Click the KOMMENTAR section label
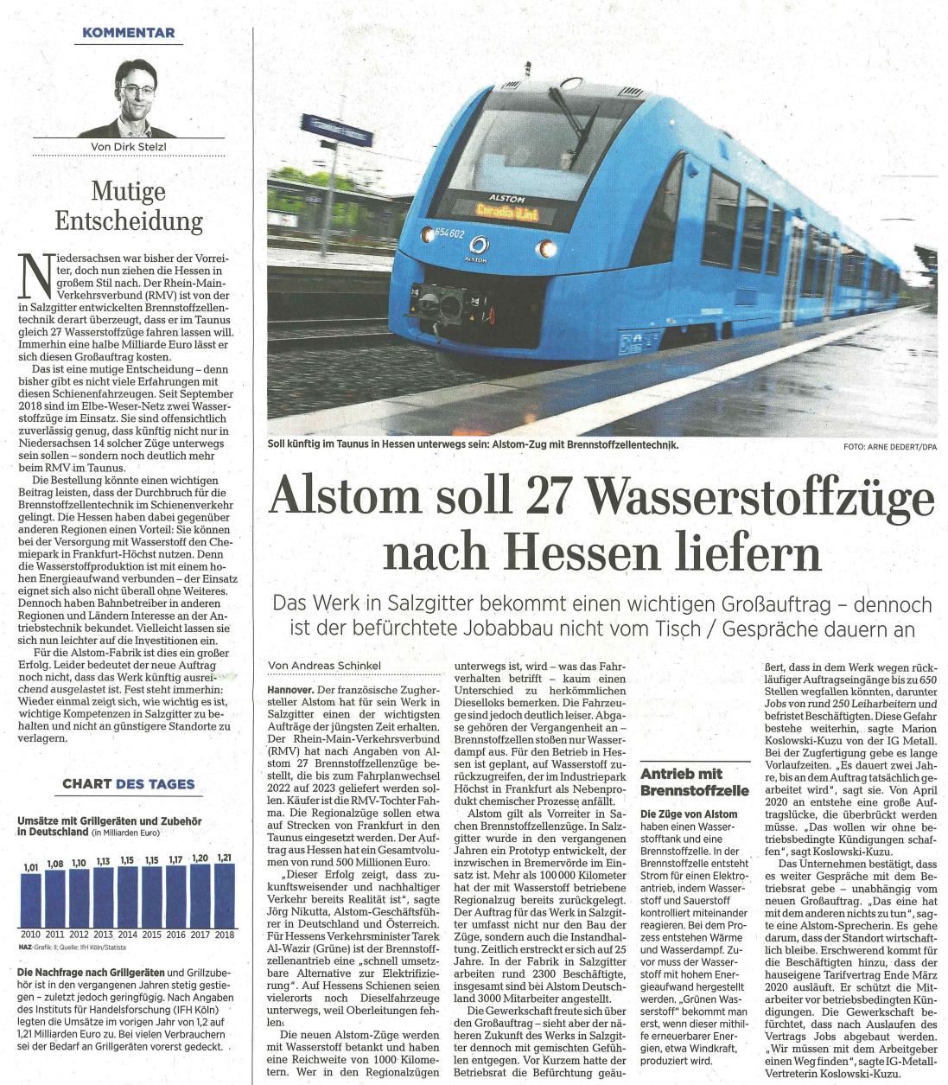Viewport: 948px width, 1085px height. pyautogui.click(x=128, y=33)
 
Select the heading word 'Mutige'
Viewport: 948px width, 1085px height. pyautogui.click(x=129, y=190)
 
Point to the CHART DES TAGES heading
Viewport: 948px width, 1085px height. pyautogui.click(x=129, y=784)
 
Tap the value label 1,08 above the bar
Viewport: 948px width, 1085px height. pyautogui.click(x=55, y=863)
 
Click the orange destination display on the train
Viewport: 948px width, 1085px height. pyautogui.click(x=506, y=211)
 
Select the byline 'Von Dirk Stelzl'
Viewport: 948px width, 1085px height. pyautogui.click(x=128, y=147)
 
